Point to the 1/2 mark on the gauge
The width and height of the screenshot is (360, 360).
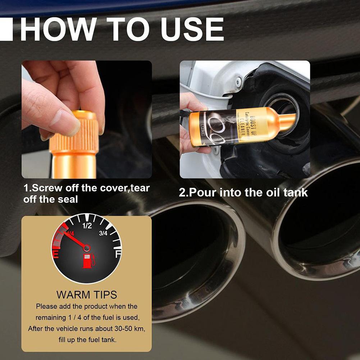point(87,226)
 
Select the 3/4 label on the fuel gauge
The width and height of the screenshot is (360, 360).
point(103,233)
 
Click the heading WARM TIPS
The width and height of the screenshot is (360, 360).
point(87,295)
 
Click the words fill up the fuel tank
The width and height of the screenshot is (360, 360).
point(87,340)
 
